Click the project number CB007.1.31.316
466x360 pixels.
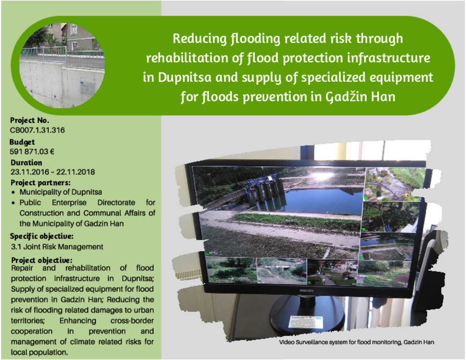coord(37,130)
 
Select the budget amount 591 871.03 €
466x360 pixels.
coord(32,152)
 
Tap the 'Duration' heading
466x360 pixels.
coord(26,163)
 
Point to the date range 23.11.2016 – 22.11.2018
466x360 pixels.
coord(53,172)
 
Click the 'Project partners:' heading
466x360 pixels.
coord(40,183)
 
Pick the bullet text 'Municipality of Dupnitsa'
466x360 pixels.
coord(61,192)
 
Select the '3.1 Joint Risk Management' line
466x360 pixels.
coord(57,247)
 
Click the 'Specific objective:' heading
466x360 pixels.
coord(42,236)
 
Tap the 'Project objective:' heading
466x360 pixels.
coord(42,260)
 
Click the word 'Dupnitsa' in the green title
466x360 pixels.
coord(185,78)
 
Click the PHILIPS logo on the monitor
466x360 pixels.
coord(306,291)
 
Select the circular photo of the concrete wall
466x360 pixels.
coord(62,65)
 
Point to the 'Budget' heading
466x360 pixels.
coord(22,142)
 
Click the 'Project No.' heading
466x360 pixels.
coord(29,120)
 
